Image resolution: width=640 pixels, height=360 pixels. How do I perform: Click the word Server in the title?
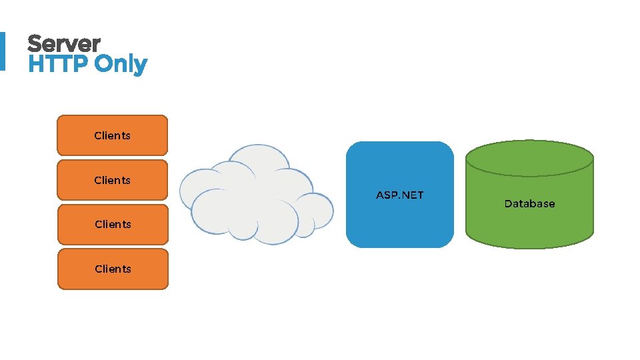(63, 44)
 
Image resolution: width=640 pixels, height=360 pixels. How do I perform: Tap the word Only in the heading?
(121, 65)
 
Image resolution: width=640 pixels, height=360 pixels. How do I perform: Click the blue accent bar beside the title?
(2, 51)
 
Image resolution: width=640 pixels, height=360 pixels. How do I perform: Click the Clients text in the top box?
(112, 135)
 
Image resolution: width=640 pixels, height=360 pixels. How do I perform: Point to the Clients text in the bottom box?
(113, 269)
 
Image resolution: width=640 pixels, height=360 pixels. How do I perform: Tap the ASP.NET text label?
(399, 195)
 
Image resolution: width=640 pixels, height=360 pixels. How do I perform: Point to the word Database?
(529, 204)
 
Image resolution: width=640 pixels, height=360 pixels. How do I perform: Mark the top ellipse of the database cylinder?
(529, 158)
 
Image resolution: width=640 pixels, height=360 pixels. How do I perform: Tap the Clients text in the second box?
(112, 180)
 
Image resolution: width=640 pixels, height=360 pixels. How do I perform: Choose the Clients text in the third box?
(113, 224)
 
